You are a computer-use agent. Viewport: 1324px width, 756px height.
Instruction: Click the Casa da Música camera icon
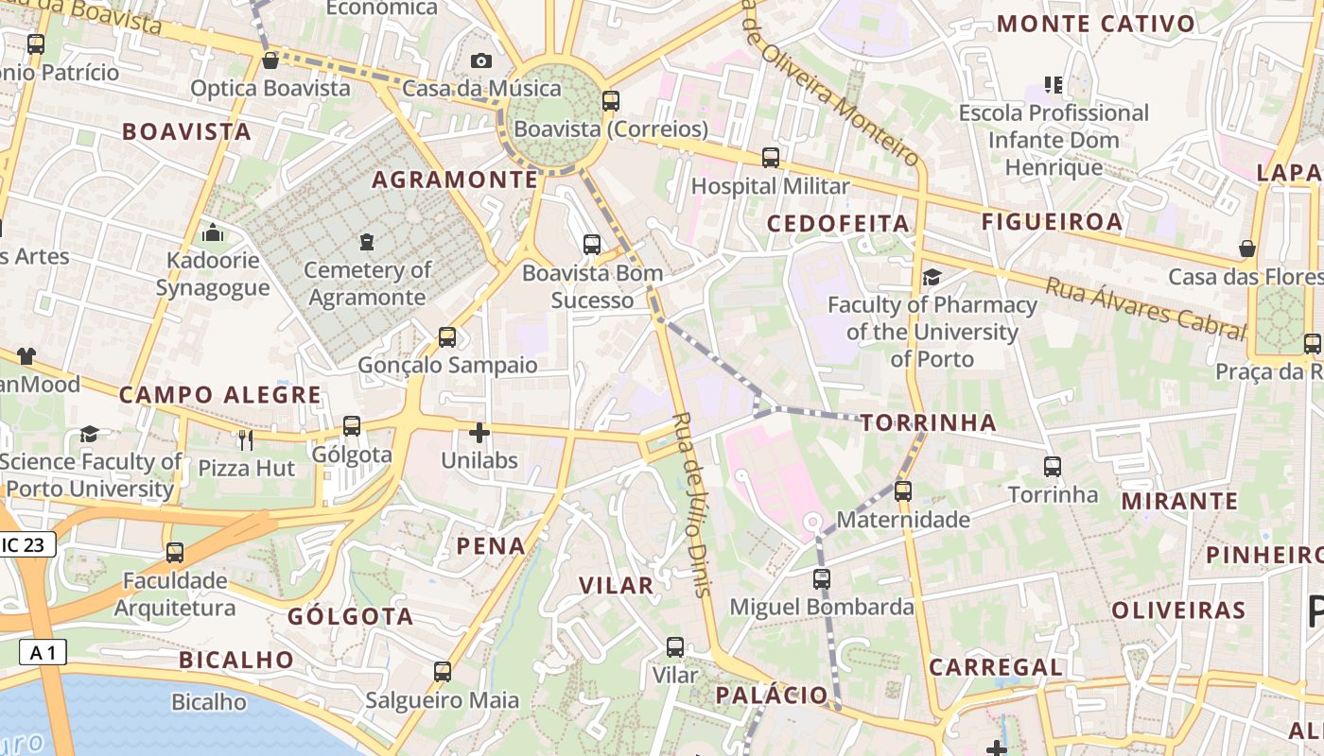pos(481,61)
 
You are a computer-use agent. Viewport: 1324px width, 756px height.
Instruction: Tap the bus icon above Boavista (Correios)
pos(611,100)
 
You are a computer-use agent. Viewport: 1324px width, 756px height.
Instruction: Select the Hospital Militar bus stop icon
pos(771,158)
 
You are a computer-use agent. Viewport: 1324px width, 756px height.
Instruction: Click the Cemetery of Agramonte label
pos(367,283)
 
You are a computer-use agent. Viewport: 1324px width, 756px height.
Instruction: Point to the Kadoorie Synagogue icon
pos(213,232)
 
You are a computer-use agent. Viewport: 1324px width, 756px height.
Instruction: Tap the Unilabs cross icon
pos(479,433)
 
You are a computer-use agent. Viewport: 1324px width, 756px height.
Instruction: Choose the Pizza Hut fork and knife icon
pos(246,439)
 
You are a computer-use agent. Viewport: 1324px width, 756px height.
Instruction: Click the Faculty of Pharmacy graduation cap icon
pos(932,277)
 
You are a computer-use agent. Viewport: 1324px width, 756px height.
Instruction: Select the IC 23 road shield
pos(27,544)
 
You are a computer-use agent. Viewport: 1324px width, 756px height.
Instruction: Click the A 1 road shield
pos(43,652)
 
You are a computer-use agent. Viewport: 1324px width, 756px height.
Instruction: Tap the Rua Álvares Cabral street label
pos(1144,307)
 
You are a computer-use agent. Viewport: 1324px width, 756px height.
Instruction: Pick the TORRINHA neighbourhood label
pos(929,422)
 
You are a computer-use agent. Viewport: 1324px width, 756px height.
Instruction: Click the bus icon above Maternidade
pos(903,490)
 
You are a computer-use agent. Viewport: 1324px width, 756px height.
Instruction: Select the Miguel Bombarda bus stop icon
pos(822,579)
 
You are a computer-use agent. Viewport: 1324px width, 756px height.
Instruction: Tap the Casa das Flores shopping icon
pos(1247,249)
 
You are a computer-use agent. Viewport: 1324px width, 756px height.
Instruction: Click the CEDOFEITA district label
pos(838,224)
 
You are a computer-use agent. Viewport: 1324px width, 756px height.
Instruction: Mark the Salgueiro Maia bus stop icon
pos(443,672)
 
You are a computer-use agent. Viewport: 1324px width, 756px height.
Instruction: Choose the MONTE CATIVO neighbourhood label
pos(1095,24)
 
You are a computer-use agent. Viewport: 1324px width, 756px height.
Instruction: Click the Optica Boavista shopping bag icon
pos(270,60)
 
